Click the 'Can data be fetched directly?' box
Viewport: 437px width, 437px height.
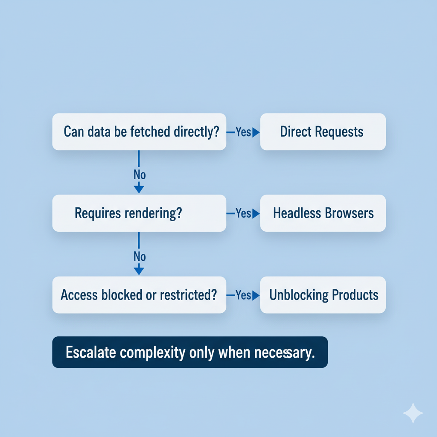pos(139,131)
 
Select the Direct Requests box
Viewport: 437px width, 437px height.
pos(323,131)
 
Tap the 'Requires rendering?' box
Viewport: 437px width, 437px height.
pos(139,213)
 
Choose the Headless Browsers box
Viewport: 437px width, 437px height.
pos(323,213)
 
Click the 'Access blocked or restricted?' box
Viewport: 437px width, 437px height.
pos(139,295)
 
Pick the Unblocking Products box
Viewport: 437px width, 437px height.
pos(323,295)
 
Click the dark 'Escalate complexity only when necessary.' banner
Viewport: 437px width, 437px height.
pos(189,353)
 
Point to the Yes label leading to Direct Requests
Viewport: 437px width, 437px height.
pos(243,132)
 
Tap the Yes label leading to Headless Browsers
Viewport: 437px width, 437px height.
pos(243,213)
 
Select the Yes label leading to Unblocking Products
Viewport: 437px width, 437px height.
pos(243,295)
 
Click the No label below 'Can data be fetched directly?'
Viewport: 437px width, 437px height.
pos(140,175)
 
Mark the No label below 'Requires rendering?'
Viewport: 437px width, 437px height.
pos(140,256)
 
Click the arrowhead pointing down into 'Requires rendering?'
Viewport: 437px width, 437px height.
pos(139,189)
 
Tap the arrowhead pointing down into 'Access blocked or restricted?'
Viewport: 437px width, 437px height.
pos(139,271)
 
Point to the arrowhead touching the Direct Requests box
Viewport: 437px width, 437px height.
pos(256,133)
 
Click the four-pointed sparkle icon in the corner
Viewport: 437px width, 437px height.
pos(413,413)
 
